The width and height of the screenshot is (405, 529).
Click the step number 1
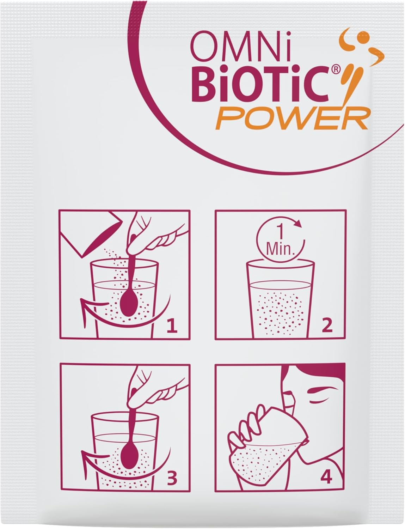tap(172, 327)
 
